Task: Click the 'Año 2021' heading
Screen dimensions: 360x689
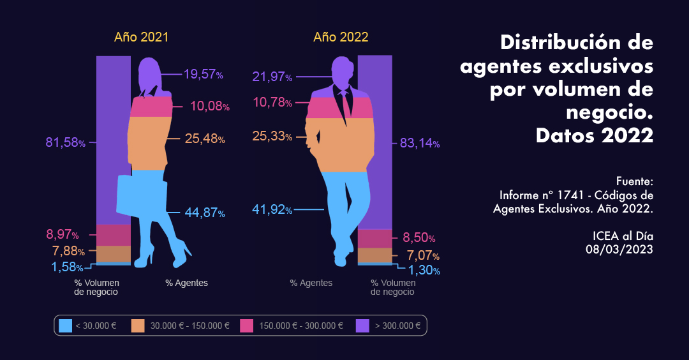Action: click(x=141, y=37)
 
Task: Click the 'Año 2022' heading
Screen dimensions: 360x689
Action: click(x=341, y=37)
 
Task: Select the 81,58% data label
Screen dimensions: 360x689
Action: click(x=65, y=142)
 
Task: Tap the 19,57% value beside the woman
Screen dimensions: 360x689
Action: click(x=203, y=74)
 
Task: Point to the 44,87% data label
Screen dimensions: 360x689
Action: click(x=205, y=213)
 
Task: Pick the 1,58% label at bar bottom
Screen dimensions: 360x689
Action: click(x=68, y=266)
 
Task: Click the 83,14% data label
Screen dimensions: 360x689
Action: click(x=419, y=144)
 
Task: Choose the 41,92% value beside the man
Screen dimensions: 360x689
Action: click(x=272, y=210)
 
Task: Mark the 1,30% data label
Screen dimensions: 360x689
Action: click(x=424, y=271)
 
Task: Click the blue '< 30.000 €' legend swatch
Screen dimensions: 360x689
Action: click(x=65, y=326)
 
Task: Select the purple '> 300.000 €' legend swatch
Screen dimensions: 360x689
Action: click(x=362, y=326)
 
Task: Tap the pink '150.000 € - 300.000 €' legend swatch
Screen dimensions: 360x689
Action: click(x=247, y=326)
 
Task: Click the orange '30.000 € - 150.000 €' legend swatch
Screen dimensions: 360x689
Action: click(x=138, y=326)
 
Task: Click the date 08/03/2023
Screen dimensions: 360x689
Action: click(x=619, y=250)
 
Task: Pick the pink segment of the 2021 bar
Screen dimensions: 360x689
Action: click(x=114, y=235)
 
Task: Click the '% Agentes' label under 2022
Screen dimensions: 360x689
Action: click(x=311, y=283)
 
